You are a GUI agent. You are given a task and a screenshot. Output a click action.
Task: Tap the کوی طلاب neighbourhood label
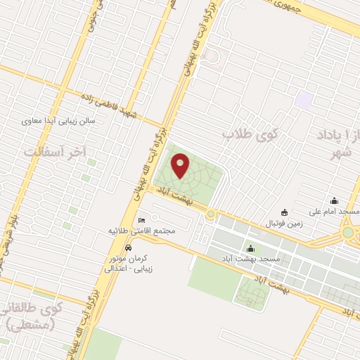click(251, 133)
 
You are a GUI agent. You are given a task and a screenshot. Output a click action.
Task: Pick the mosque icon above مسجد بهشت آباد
click(251, 248)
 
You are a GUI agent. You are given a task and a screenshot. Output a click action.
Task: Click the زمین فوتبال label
click(283, 223)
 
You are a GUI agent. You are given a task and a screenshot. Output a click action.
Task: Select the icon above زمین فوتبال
click(284, 212)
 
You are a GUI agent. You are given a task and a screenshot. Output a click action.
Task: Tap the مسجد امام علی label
click(334, 212)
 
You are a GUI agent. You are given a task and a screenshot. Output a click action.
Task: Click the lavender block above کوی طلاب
click(304, 100)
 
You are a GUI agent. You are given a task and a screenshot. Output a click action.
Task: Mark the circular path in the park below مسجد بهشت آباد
click(252, 292)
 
